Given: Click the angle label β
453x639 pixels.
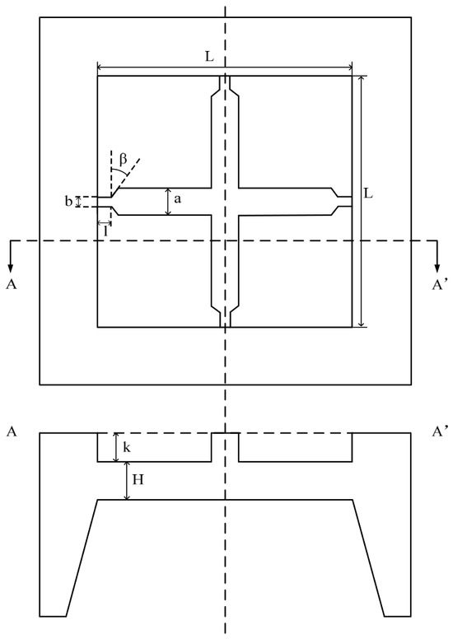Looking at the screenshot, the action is coord(124,159).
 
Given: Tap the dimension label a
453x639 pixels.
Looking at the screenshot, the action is coord(177,199).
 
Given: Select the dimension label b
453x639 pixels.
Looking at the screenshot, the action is coord(68,201).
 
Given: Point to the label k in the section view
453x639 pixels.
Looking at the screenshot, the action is coord(127,447).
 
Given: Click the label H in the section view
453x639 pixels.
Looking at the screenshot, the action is coord(138,479).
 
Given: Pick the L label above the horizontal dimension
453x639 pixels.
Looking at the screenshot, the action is coord(208,57).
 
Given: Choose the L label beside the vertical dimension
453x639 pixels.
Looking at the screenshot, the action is coord(368,194).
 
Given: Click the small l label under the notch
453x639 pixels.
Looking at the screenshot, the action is coord(105,231).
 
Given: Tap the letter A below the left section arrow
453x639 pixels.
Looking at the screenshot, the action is coord(12,284).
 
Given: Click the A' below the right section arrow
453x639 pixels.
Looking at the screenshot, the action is coord(440,284).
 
